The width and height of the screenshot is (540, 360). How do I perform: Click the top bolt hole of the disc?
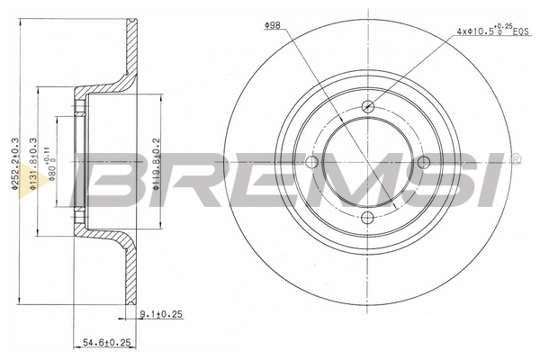(x=367, y=106)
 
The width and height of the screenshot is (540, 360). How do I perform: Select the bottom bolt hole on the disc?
(x=367, y=217)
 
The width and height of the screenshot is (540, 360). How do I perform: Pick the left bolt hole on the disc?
(x=312, y=162)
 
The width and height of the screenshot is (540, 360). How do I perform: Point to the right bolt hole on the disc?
(x=423, y=162)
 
